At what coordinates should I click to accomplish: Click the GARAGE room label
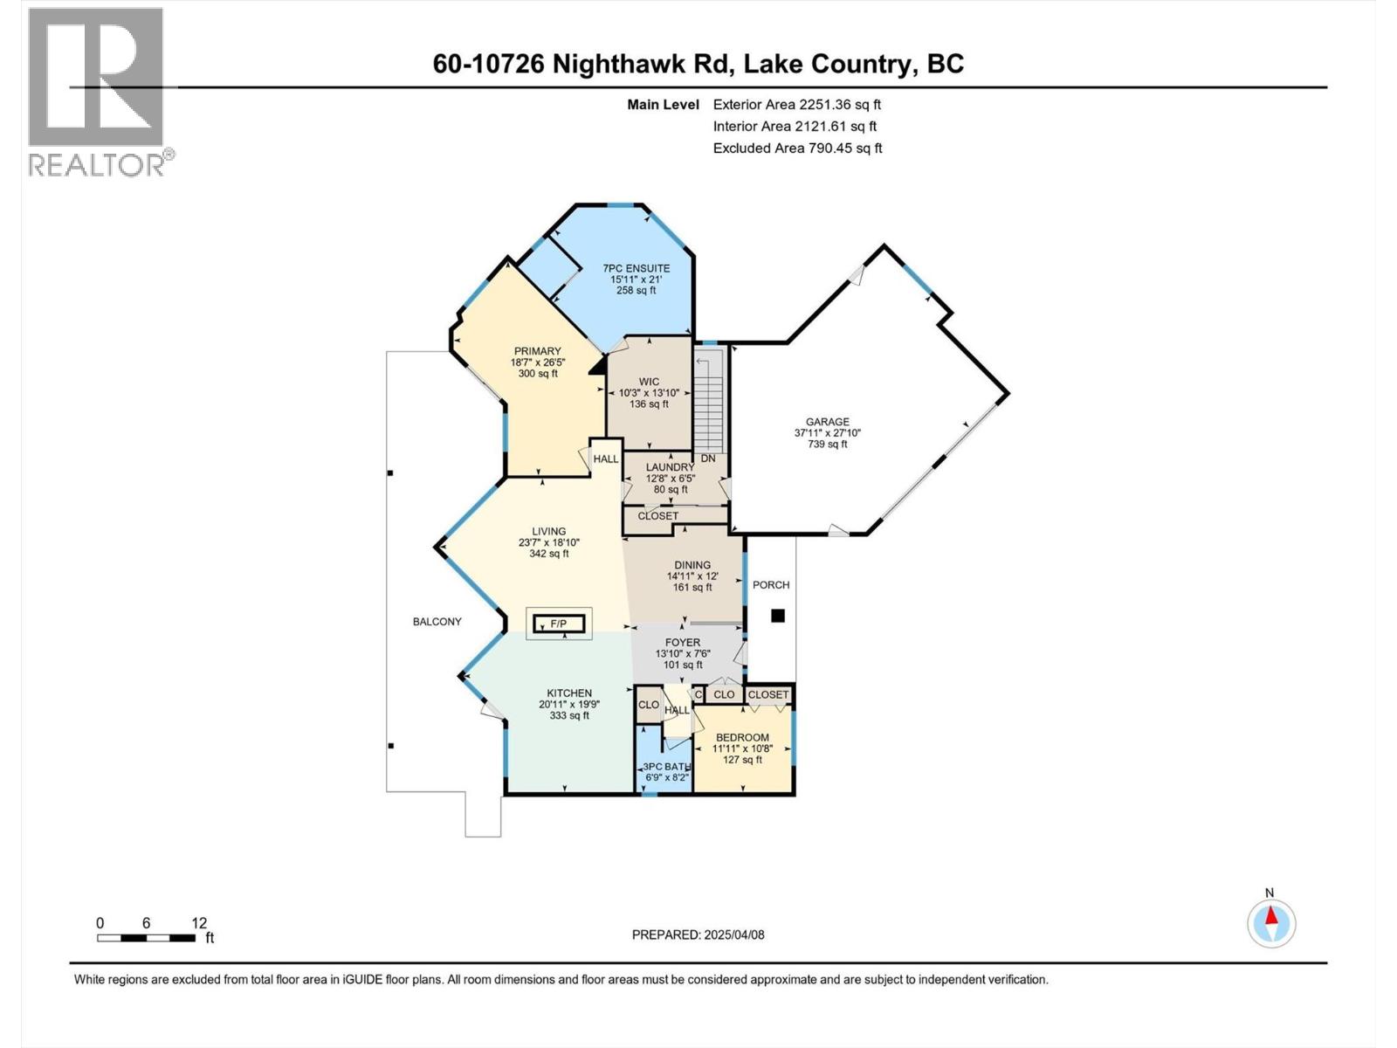[x=827, y=422]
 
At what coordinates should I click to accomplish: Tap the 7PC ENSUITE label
[x=637, y=268]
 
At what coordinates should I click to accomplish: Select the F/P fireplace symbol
[x=558, y=624]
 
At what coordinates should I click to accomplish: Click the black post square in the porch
[x=778, y=616]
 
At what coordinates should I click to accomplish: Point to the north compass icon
[x=1271, y=923]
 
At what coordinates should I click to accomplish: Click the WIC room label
[x=649, y=382]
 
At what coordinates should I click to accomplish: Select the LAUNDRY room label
[x=670, y=467]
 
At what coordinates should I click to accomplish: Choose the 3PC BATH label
[x=667, y=766]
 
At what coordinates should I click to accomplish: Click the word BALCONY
[x=437, y=622]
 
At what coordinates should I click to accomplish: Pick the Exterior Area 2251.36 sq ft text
[x=796, y=104]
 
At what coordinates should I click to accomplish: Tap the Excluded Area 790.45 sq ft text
[x=797, y=148]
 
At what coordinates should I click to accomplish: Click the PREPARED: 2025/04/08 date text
[x=698, y=934]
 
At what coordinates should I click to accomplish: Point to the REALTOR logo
[x=97, y=92]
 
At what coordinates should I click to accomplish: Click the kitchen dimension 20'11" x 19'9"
[x=569, y=704]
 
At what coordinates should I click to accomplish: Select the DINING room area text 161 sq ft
[x=692, y=587]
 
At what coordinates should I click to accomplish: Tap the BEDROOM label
[x=742, y=737]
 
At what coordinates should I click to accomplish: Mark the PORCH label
[x=771, y=585]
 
